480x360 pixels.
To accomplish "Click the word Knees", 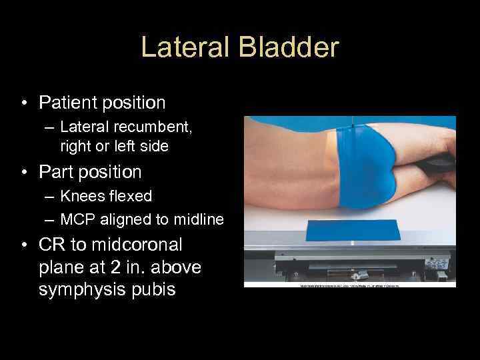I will (79, 196).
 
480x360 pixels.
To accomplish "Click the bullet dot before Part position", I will (25, 173).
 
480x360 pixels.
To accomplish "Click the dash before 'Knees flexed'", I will (50, 197).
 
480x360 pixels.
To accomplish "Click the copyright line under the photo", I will (350, 285).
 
